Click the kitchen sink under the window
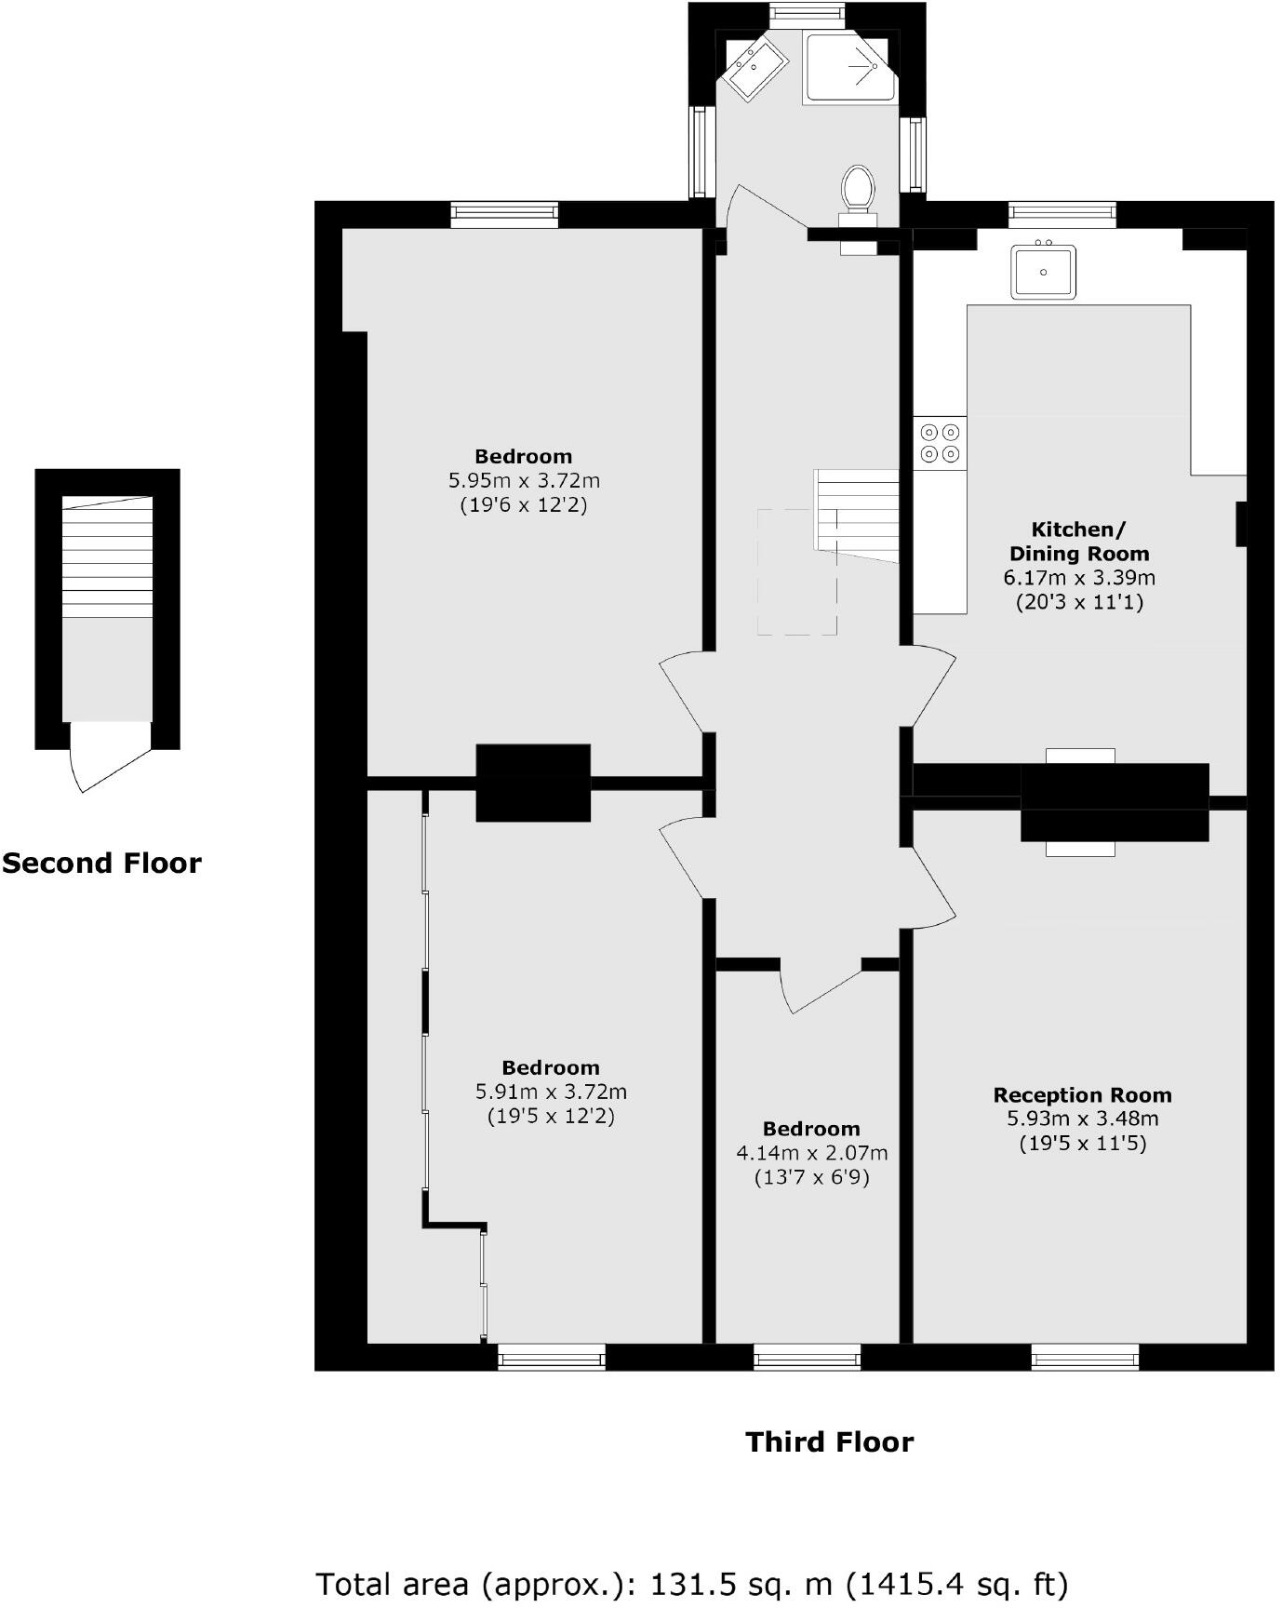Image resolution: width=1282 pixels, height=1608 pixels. pyautogui.click(x=1043, y=272)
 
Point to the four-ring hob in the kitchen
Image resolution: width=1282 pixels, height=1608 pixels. pyautogui.click(x=940, y=443)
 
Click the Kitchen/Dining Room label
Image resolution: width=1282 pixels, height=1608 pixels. pyautogui.click(x=1079, y=542)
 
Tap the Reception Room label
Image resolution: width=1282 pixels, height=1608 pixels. pyautogui.click(x=1082, y=1095)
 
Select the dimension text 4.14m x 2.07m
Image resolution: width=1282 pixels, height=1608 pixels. pyautogui.click(x=811, y=1153)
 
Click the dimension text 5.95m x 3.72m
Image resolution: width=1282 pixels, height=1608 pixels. pyautogui.click(x=524, y=481)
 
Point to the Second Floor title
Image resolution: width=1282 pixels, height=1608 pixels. pyautogui.click(x=101, y=864)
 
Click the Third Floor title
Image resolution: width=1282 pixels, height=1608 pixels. pyautogui.click(x=829, y=1442)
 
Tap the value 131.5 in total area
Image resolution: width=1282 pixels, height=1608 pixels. pyautogui.click(x=688, y=1583)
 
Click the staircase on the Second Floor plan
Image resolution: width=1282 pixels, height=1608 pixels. pyautogui.click(x=107, y=558)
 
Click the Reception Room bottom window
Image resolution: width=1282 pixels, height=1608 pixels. pyautogui.click(x=1085, y=1359)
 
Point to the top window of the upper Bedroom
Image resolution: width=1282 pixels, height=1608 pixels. pyautogui.click(x=504, y=215)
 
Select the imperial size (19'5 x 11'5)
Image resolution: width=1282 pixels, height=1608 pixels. pyautogui.click(x=1082, y=1144)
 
